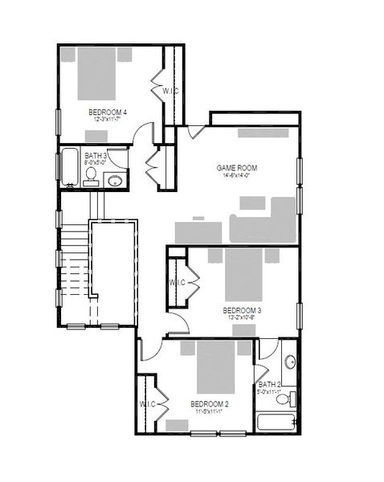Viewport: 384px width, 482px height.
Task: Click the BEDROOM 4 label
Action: tap(108, 112)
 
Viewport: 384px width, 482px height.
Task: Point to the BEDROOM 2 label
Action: tap(210, 403)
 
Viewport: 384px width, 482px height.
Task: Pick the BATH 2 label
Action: tap(269, 384)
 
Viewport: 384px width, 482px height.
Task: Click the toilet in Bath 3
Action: tap(92, 176)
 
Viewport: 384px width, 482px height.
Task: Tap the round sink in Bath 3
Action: tap(116, 179)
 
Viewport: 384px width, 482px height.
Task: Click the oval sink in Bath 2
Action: tap(289, 361)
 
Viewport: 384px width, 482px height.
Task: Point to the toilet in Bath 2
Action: tap(293, 398)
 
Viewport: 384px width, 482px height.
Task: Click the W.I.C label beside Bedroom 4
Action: tap(170, 91)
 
